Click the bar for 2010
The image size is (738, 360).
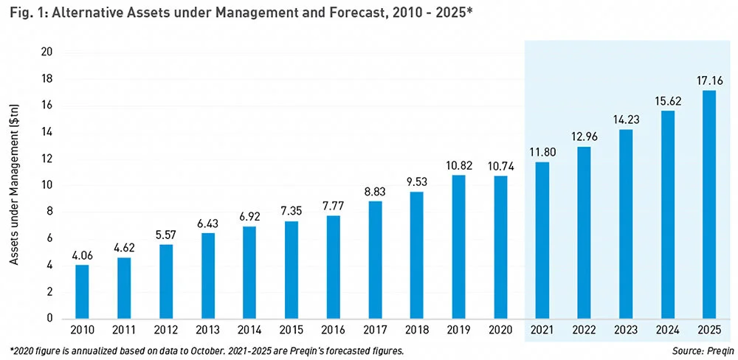click(x=83, y=291)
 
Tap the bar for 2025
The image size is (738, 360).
click(x=709, y=204)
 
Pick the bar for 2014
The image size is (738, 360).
click(x=249, y=272)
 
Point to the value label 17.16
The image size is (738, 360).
click(x=709, y=80)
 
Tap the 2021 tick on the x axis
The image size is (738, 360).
click(x=542, y=330)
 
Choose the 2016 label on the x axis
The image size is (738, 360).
click(x=333, y=330)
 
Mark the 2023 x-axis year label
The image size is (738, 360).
click(x=626, y=330)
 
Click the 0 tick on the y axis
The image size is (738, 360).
click(x=48, y=319)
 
